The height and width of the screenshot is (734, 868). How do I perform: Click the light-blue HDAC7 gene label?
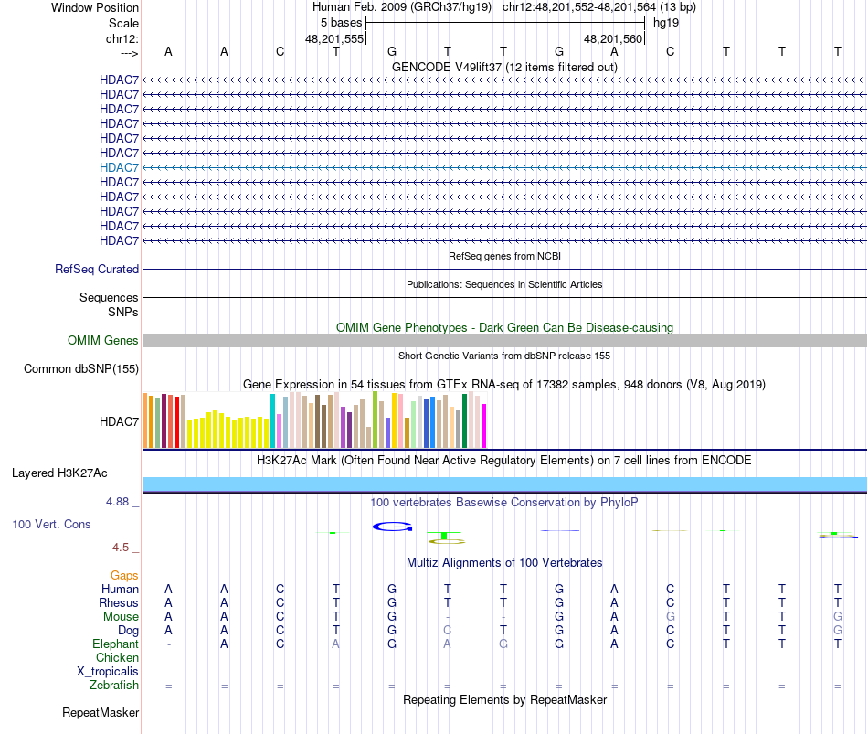[120, 167]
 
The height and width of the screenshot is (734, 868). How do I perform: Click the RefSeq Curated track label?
[97, 270]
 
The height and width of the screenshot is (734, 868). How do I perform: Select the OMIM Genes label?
[103, 341]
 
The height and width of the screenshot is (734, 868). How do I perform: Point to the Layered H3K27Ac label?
[59, 473]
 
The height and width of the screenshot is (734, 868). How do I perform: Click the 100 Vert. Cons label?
[51, 525]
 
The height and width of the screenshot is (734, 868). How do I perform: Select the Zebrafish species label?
[114, 686]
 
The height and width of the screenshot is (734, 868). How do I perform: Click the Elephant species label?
[116, 644]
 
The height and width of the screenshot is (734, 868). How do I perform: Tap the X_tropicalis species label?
[108, 672]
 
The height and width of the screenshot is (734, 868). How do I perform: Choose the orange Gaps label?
[124, 575]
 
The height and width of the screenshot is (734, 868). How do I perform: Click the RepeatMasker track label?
[101, 712]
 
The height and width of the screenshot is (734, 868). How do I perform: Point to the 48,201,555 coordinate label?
[334, 39]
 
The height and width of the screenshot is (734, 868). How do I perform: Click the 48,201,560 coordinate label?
[613, 39]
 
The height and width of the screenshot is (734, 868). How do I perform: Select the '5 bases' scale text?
[342, 22]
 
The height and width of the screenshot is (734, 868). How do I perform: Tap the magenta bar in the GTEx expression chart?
[484, 426]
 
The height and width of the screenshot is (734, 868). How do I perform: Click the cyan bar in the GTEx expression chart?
[273, 421]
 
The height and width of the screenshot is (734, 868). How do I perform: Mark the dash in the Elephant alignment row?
[168, 644]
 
